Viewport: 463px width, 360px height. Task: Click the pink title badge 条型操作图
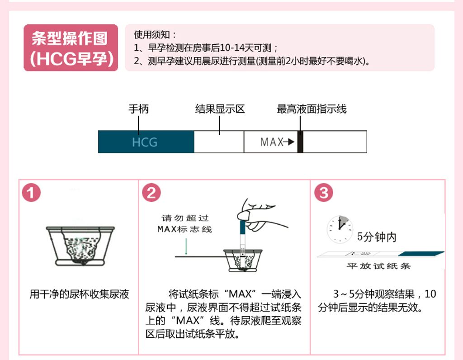71,47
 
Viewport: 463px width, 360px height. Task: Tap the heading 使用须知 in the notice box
152,35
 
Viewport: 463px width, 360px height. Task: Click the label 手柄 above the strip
138,109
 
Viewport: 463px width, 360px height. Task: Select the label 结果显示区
220,109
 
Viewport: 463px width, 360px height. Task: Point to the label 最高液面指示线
312,109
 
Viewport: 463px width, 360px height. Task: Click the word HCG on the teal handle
144,142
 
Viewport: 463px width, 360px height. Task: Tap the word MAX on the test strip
272,142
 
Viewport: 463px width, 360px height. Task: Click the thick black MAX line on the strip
300,142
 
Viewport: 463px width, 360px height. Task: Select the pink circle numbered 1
31,193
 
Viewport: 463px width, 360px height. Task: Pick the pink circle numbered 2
151,193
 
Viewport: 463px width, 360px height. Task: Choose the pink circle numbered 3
324,193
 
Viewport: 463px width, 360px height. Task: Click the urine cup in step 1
80,246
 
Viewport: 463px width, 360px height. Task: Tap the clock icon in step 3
340,229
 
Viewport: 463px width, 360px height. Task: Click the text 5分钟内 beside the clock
377,237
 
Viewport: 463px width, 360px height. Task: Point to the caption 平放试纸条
378,266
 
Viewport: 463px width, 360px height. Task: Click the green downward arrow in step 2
186,246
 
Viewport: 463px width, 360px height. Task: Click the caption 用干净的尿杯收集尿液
79,294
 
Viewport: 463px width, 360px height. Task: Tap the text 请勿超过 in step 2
185,218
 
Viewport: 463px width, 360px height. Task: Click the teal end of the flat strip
421,254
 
